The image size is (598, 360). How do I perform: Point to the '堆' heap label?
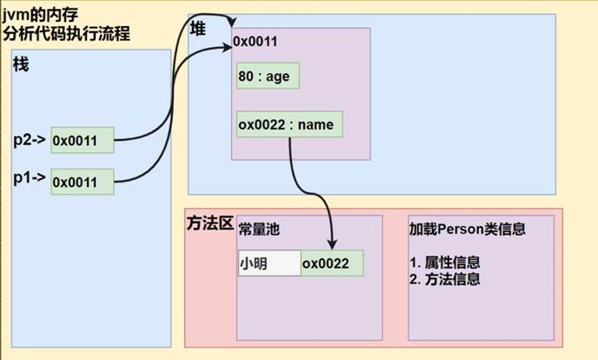[x=198, y=29]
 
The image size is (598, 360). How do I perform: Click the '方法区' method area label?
[x=209, y=223]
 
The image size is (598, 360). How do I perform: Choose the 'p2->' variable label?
[x=29, y=139]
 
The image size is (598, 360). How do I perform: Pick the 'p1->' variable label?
[x=29, y=179]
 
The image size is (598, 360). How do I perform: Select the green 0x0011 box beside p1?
[x=83, y=181]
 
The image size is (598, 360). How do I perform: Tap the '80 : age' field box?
[x=267, y=76]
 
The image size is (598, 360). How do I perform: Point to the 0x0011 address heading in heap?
[x=256, y=42]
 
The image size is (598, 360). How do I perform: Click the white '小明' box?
[x=268, y=263]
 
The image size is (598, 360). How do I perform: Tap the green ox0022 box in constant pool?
[x=330, y=263]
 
